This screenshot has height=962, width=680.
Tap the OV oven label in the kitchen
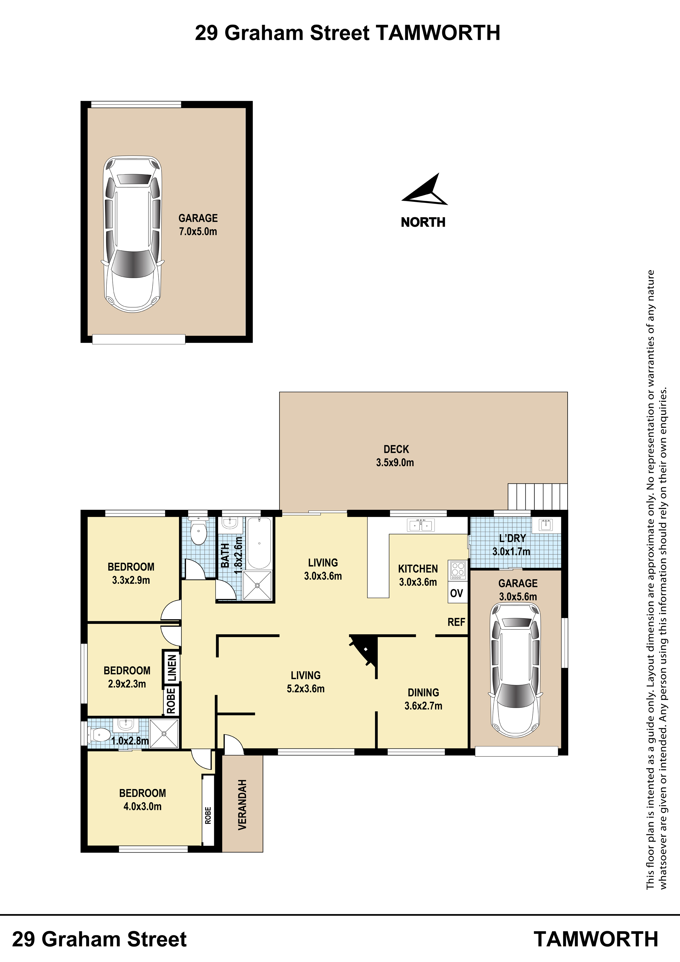tap(457, 593)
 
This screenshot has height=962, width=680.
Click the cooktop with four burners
tap(458, 570)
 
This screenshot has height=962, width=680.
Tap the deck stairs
tap(537, 497)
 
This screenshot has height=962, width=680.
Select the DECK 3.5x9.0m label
tap(395, 456)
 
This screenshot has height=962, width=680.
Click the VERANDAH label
tap(242, 805)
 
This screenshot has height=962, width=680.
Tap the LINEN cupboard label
tap(172, 668)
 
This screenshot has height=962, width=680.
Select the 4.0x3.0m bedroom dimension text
tap(143, 806)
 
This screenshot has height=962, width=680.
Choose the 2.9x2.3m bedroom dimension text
tap(127, 684)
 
